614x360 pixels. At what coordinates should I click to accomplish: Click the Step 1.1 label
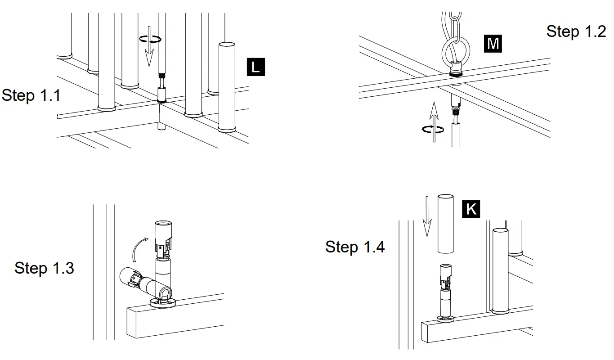click(x=31, y=95)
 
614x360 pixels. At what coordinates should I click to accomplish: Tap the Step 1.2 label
click(x=576, y=31)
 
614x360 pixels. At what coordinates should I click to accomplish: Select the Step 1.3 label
click(x=44, y=268)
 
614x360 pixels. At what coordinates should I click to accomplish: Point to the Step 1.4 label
click(x=355, y=247)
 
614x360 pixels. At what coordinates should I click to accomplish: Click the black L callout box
click(x=255, y=67)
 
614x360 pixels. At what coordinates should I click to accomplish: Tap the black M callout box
click(x=493, y=44)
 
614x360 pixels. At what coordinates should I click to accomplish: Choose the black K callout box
click(x=471, y=209)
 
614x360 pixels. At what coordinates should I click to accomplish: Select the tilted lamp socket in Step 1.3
click(x=142, y=283)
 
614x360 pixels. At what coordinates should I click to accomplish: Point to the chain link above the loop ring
click(x=456, y=25)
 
